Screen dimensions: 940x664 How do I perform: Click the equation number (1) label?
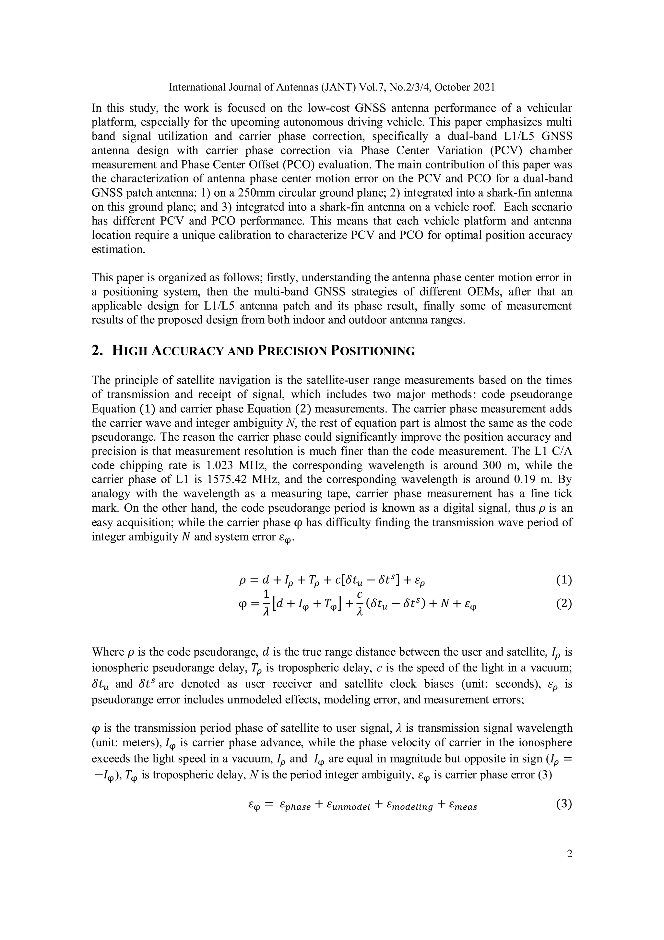tap(564, 580)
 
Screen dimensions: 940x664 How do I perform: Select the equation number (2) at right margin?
tap(564, 604)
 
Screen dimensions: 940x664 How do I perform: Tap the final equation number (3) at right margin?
tap(564, 804)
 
